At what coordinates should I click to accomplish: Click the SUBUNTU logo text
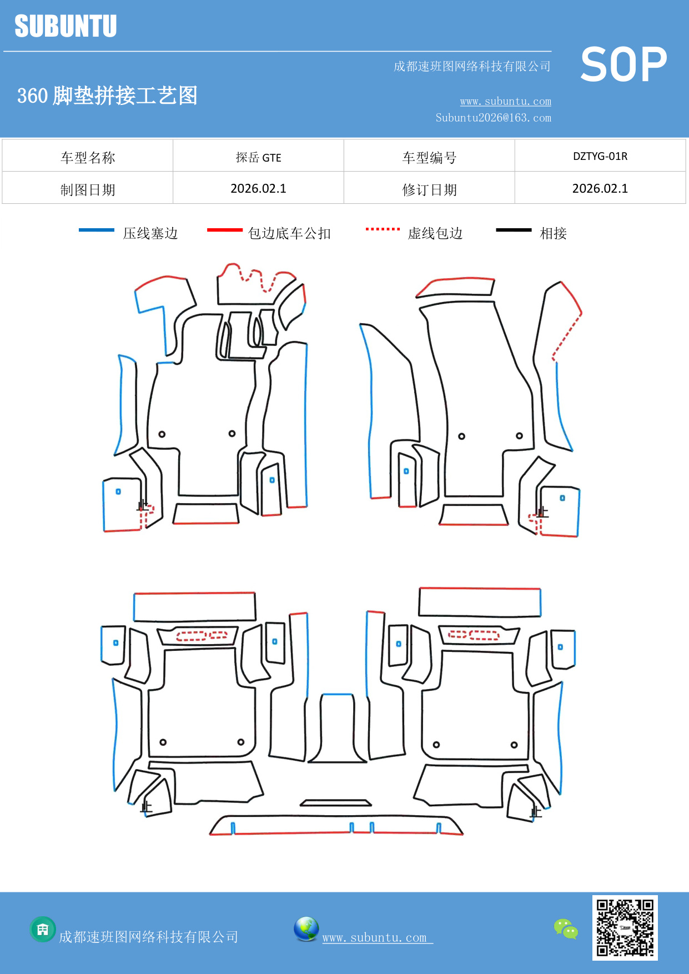pos(66,26)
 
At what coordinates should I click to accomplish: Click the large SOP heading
pos(623,65)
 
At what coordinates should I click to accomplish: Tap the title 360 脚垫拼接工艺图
pos(107,96)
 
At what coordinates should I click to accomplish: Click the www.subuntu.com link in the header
pos(505,101)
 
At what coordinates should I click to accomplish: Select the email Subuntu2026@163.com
pos(493,118)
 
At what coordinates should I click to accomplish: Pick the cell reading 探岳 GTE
pos(258,157)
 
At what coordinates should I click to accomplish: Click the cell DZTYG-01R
pos(600,156)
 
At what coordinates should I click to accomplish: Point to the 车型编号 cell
pos(429,158)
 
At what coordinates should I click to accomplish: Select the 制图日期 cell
pos(88,190)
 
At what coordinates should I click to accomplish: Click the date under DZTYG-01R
pos(600,188)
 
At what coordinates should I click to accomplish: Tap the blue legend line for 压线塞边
pos(97,230)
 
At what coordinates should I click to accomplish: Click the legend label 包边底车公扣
pos(289,233)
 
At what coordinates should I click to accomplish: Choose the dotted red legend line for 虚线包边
pos(383,229)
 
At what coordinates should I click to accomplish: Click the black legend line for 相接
pos(514,230)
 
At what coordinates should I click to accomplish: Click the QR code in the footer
pos(625,928)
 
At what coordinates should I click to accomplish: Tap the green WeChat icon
pos(566,928)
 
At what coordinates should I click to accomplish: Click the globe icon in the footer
pos(306,929)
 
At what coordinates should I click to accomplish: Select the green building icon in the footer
pos(43,929)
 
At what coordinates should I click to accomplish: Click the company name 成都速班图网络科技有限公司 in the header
pos(472,67)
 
